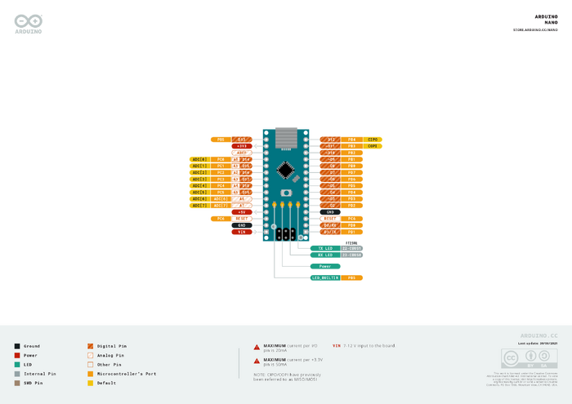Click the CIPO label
[373, 140]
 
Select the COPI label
[373, 146]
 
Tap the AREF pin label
[242, 153]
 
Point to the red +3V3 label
[242, 146]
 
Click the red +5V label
[242, 211]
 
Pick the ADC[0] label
[199, 159]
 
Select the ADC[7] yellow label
[199, 205]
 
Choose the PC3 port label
[221, 179]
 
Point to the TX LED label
[325, 248]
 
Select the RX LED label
[325, 255]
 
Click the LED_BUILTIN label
[325, 278]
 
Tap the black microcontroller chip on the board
[285, 169]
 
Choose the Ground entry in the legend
[32, 346]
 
